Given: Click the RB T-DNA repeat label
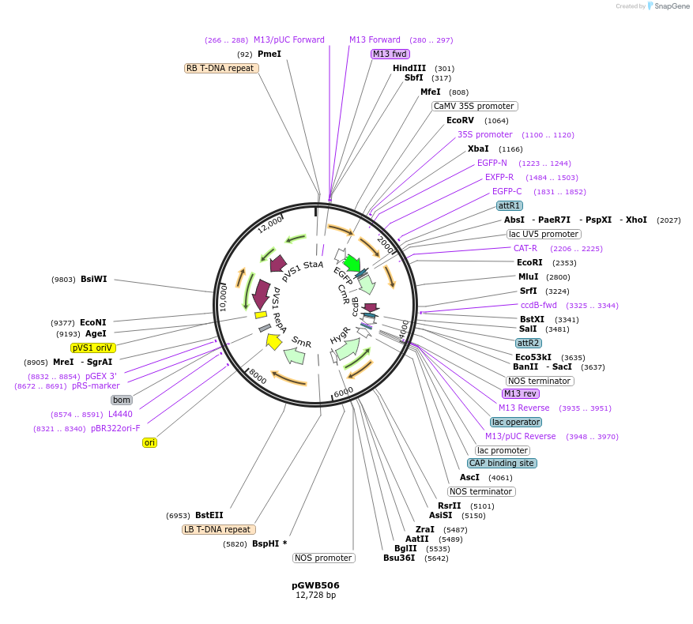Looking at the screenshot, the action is click(221, 68).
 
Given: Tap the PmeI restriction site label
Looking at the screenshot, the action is click(269, 54).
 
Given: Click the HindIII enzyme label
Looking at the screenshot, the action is click(409, 68).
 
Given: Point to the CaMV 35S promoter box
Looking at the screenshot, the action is click(474, 106).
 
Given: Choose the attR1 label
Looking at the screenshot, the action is click(509, 205).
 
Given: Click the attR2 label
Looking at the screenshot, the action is click(528, 343).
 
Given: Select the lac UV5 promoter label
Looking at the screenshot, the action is click(544, 234).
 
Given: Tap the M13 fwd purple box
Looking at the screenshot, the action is click(390, 54).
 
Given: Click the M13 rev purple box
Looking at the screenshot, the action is click(521, 393).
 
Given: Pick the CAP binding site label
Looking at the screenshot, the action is click(502, 463).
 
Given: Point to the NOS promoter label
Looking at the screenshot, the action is click(323, 558).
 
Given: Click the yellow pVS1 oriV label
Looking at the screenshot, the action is click(93, 348).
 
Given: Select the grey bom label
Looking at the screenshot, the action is click(121, 400).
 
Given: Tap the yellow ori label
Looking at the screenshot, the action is click(149, 442).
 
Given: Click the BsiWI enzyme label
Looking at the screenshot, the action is click(93, 279).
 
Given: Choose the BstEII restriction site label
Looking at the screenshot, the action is click(209, 515).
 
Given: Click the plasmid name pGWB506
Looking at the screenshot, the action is click(315, 585).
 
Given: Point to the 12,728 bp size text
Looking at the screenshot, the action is click(315, 596).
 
